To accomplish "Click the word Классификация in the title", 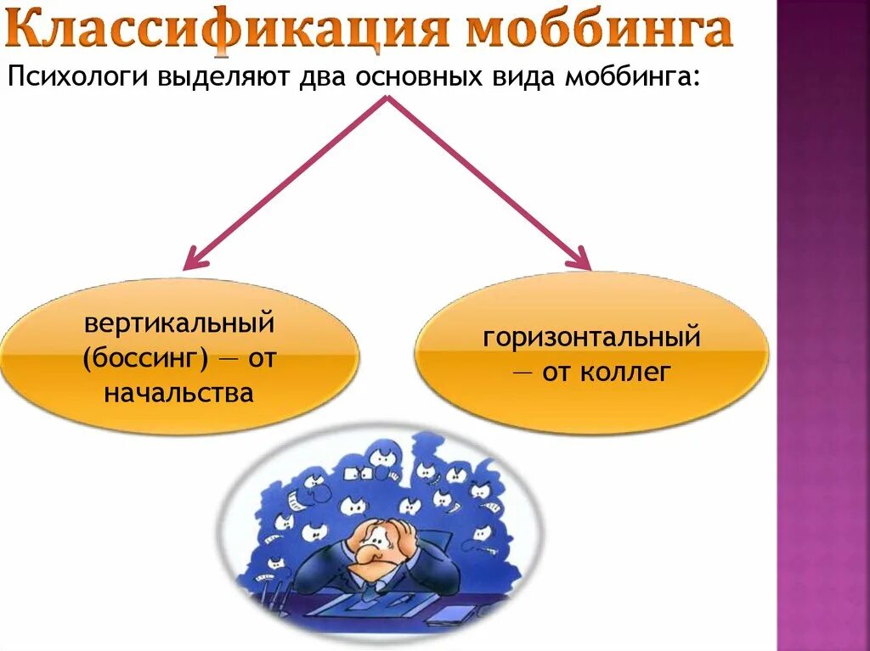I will [x=230, y=31].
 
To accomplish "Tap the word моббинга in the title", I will [x=599, y=31].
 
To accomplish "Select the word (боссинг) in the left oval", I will [x=145, y=359].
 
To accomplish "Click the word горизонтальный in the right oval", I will [x=592, y=337].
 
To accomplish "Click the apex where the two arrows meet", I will [x=388, y=98].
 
